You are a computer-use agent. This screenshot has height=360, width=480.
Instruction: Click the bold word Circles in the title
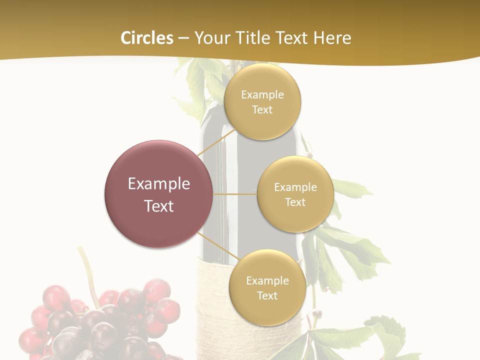click(146, 38)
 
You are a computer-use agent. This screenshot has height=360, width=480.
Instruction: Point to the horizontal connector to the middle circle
click(234, 194)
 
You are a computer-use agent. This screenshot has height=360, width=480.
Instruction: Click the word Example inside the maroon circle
click(158, 184)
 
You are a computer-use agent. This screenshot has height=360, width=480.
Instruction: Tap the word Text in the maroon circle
click(158, 206)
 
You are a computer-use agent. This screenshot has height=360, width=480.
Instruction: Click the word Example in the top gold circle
click(262, 95)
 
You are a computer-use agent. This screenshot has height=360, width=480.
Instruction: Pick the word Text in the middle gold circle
click(295, 202)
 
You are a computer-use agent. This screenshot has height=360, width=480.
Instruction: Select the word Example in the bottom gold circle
click(267, 281)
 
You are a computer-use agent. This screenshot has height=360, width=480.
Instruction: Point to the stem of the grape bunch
click(88, 272)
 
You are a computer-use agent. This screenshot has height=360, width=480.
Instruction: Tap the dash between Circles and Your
click(183, 38)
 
